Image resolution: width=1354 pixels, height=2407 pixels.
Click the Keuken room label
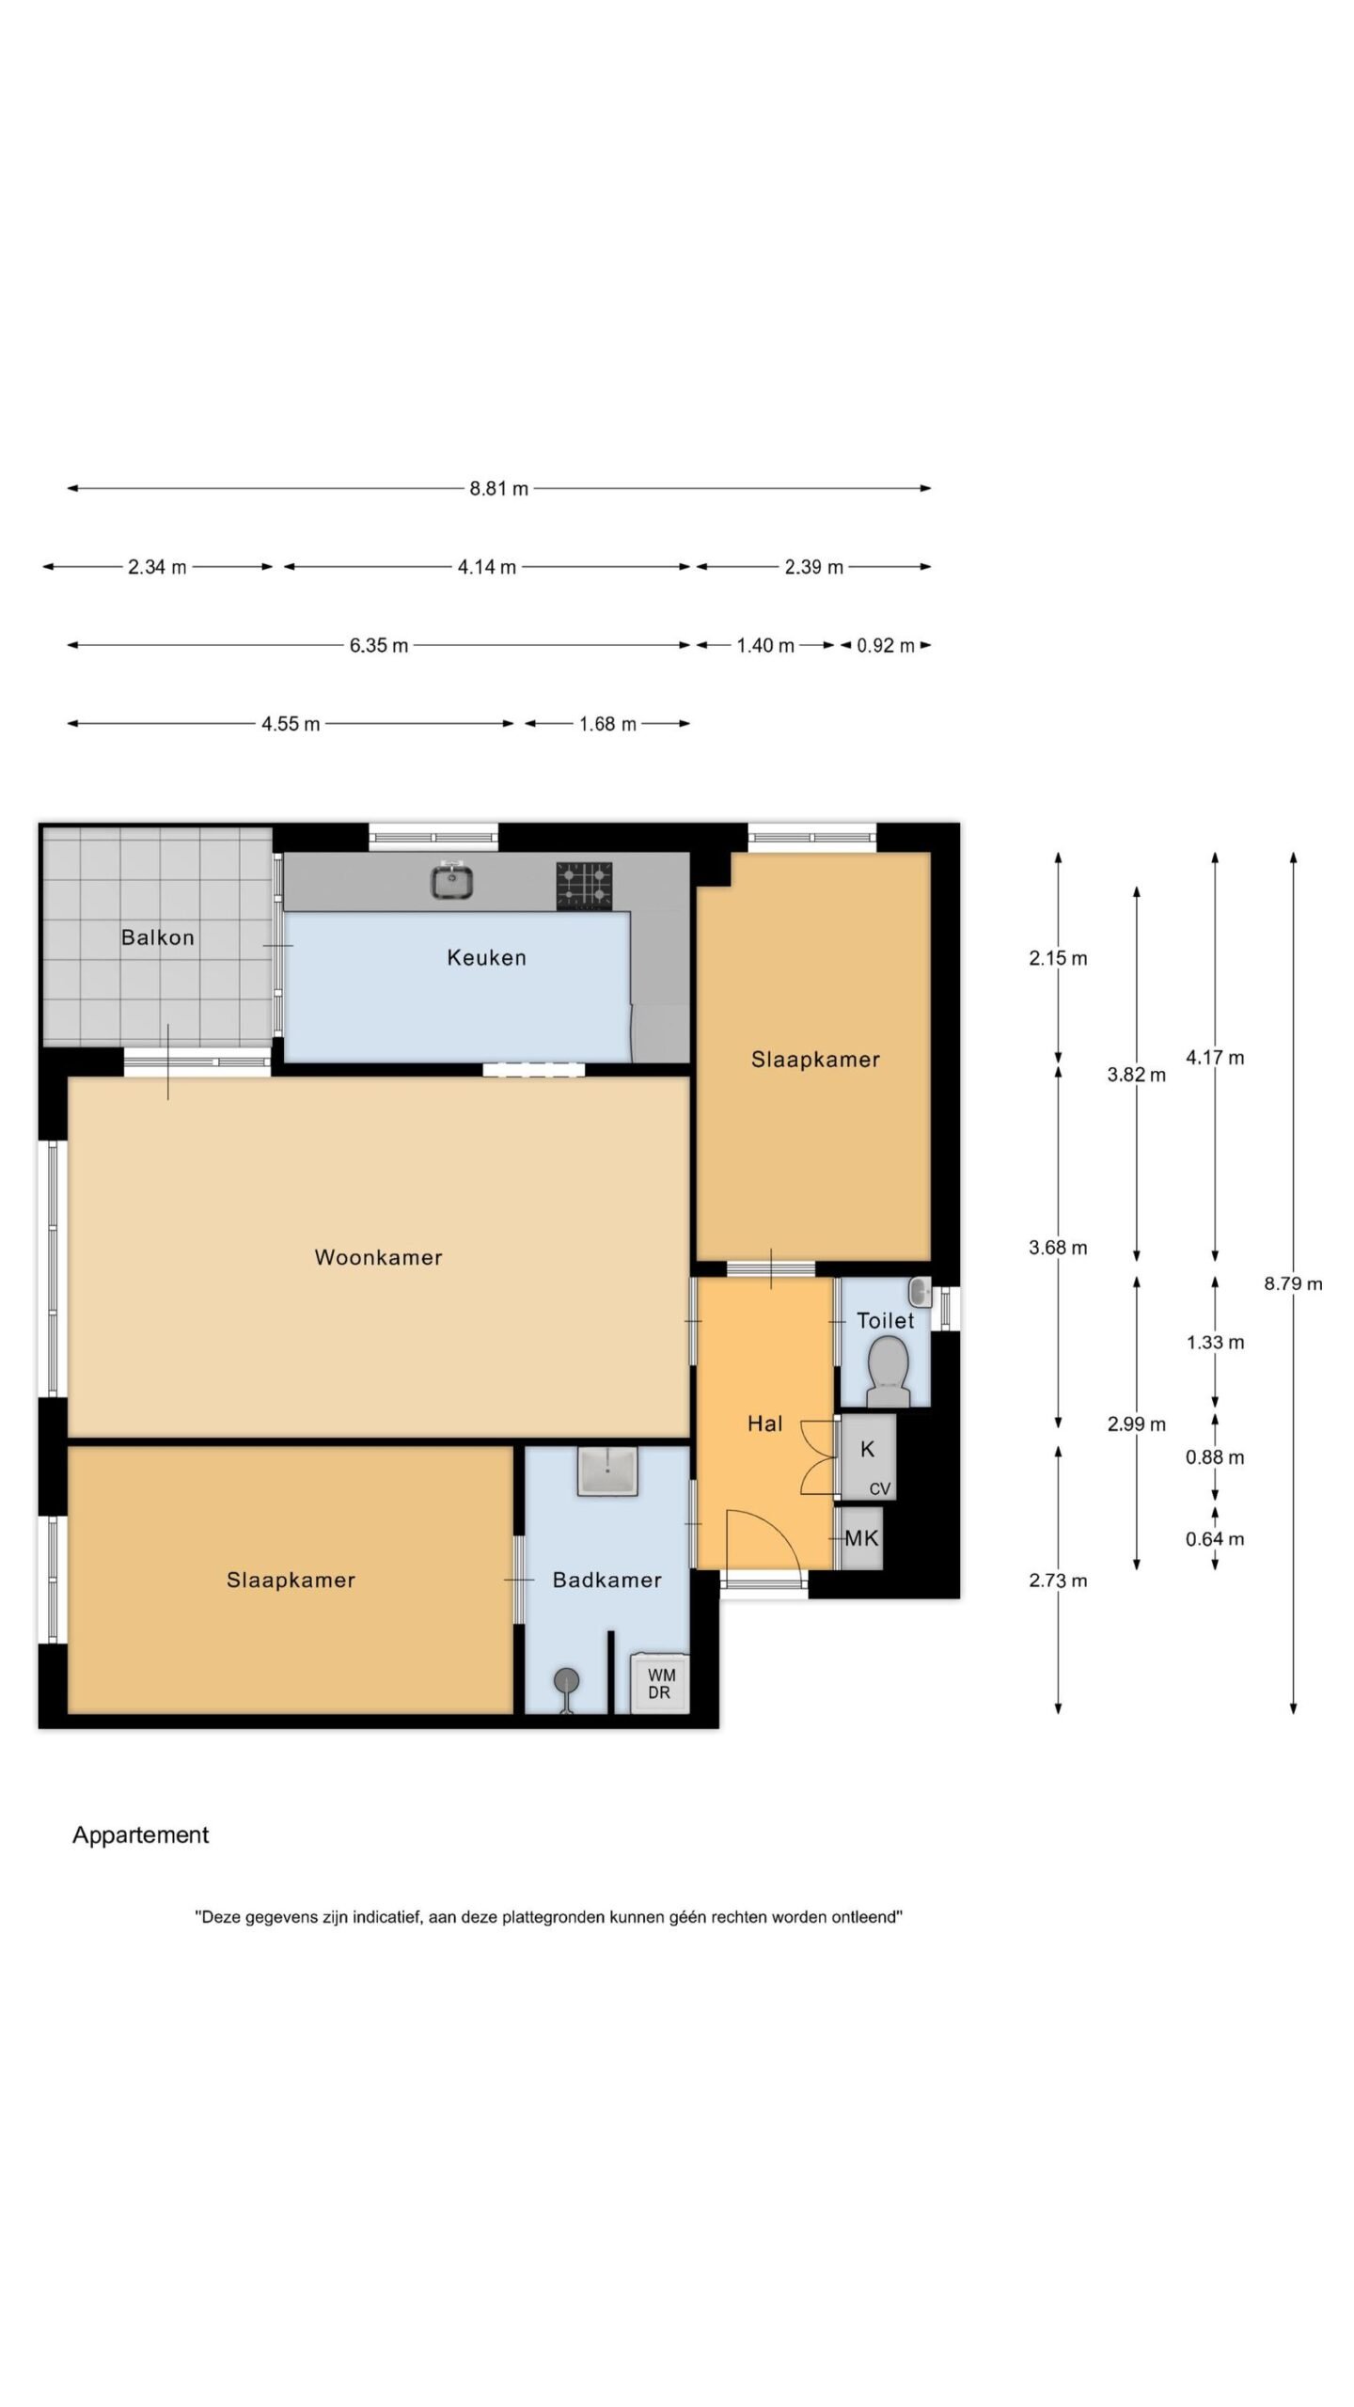486,957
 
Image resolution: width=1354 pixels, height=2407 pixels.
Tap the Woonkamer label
378,1257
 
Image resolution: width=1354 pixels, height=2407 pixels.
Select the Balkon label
158,936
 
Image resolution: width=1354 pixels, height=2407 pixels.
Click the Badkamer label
606,1580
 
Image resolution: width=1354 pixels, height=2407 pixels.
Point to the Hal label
765,1424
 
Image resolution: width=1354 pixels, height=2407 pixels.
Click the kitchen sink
452,881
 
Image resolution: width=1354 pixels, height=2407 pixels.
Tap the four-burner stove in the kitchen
584,886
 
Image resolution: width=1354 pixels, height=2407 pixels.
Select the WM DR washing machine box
660,1682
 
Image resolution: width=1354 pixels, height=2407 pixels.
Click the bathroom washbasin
608,1470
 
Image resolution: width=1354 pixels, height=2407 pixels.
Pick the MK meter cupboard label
861,1538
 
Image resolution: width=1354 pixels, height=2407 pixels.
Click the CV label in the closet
880,1488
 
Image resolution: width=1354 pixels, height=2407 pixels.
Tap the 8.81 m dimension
499,488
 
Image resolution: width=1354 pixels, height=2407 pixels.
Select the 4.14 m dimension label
487,567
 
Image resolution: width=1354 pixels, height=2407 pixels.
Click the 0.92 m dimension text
886,645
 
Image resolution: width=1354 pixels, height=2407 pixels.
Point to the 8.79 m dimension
1293,1283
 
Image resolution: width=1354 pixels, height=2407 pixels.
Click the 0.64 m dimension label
1215,1538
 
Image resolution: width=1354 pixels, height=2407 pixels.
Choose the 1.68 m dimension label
607,724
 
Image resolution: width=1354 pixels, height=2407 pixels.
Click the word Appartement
141,1835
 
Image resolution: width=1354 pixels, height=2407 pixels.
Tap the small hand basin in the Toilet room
920,1290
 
